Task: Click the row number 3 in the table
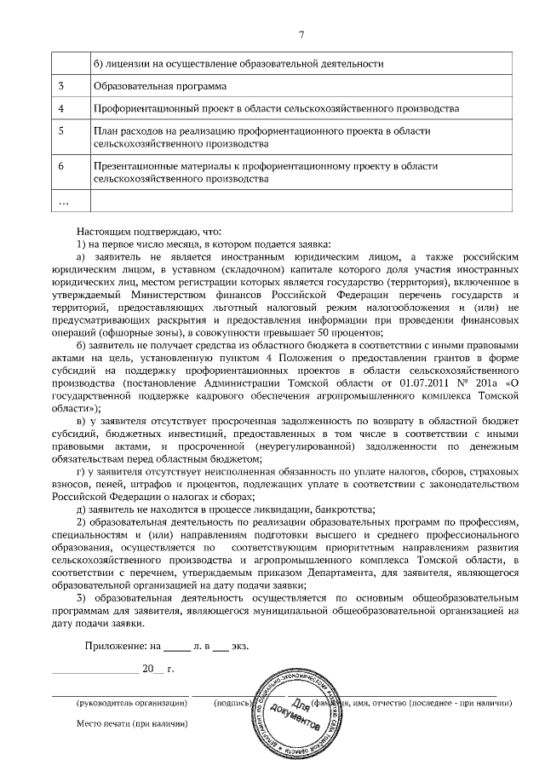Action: pyautogui.click(x=60, y=86)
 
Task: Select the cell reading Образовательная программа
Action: pyautogui.click(x=160, y=86)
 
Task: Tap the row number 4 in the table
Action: pyautogui.click(x=60, y=109)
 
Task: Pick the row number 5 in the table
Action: pyautogui.click(x=60, y=131)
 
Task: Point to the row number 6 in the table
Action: pyautogui.click(x=60, y=165)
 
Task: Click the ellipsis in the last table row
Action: pyautogui.click(x=62, y=201)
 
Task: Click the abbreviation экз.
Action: pyautogui.click(x=240, y=646)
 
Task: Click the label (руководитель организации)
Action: pyautogui.click(x=131, y=703)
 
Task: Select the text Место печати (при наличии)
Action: pyautogui.click(x=131, y=723)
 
